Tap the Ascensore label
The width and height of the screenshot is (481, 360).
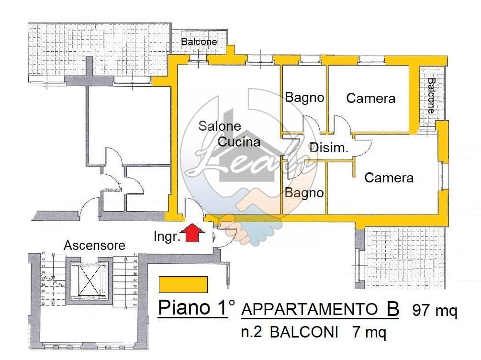[95, 246]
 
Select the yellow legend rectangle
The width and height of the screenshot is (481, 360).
[183, 284]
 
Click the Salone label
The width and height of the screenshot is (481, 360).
[220, 126]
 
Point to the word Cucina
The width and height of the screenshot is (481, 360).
[239, 142]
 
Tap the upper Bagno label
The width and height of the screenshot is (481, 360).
[304, 98]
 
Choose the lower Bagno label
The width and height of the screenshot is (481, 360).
[304, 193]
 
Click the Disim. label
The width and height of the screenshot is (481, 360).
[329, 148]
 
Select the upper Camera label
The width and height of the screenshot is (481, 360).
[371, 99]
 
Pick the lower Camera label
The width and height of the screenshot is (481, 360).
[389, 178]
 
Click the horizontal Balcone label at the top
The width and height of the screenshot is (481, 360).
[199, 42]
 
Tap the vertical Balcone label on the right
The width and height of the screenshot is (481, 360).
[432, 95]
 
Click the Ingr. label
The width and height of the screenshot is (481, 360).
[167, 236]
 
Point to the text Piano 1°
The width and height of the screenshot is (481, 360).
[196, 308]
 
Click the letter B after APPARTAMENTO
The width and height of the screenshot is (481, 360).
[392, 310]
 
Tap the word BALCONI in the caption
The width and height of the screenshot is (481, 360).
[303, 332]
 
